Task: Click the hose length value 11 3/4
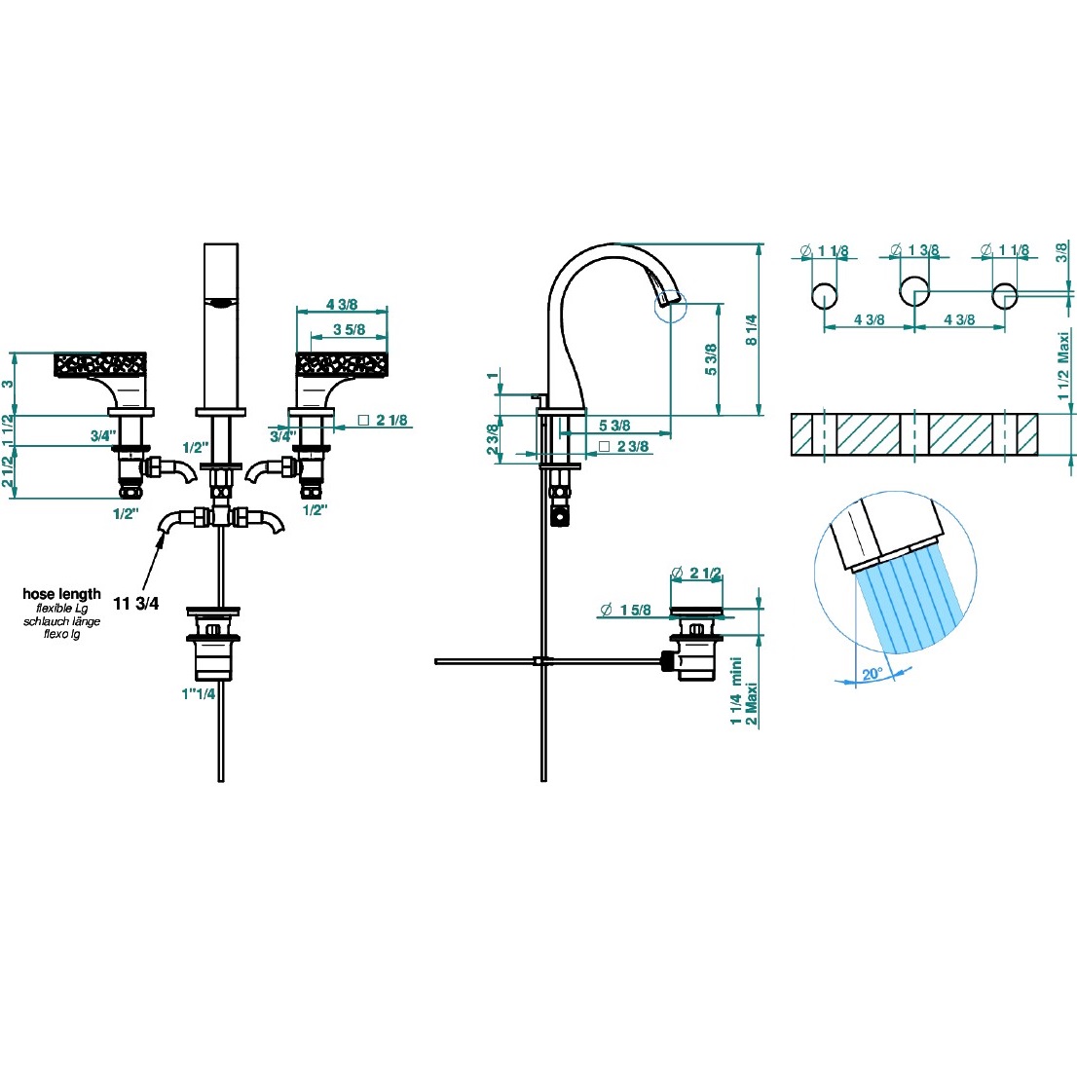[135, 604]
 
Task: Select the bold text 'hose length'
[61, 594]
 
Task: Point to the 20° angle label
[872, 674]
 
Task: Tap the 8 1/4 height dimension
[750, 329]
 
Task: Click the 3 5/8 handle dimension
[349, 330]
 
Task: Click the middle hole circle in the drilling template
[913, 290]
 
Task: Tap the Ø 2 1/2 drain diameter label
[697, 573]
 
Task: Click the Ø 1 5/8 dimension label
[625, 611]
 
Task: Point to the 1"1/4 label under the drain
[198, 694]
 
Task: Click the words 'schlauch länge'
[61, 621]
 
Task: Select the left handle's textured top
[101, 364]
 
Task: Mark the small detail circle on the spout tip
[671, 305]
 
